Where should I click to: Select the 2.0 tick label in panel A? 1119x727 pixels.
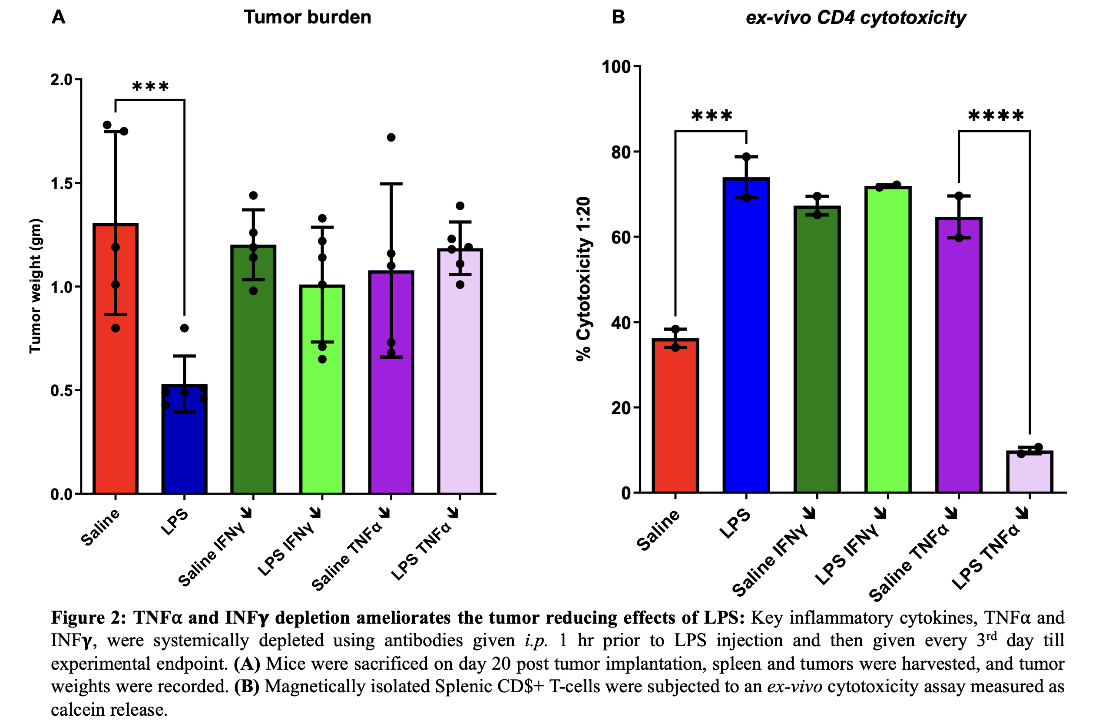coord(62,80)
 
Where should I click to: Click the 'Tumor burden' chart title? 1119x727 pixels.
coord(308,17)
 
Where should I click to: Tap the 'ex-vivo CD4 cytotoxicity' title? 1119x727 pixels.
coord(856,18)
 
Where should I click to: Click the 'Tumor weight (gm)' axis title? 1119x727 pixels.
coord(36,286)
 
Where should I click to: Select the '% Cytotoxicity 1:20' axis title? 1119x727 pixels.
coord(583,279)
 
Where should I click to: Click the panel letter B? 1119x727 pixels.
coord(618,17)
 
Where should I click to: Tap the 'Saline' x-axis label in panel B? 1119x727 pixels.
coord(658,530)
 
